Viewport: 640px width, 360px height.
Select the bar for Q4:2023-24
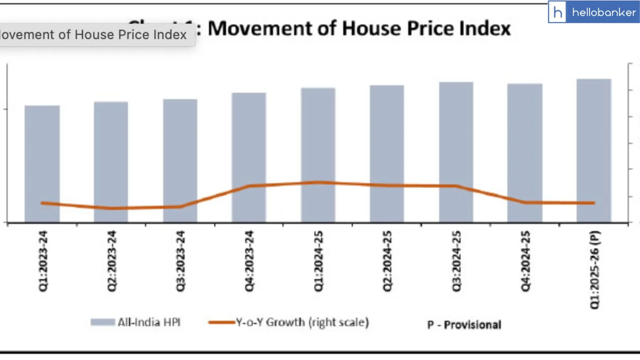[x=249, y=140]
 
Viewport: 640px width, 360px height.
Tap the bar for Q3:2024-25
[x=456, y=133]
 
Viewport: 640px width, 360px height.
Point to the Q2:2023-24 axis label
[x=112, y=261]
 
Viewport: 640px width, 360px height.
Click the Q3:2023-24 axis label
[x=180, y=261]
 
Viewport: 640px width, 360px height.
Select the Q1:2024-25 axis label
[x=318, y=261]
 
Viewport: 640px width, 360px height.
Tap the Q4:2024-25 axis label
[x=525, y=261]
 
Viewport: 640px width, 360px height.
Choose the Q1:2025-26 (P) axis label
[x=594, y=269]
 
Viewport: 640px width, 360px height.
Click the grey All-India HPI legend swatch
[x=103, y=322]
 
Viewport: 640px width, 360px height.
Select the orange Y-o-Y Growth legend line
[x=222, y=322]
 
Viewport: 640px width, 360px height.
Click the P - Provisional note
[x=464, y=325]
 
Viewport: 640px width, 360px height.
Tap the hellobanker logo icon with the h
[x=557, y=12]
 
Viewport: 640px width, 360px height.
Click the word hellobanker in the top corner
[x=604, y=12]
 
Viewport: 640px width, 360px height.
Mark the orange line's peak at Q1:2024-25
[x=318, y=182]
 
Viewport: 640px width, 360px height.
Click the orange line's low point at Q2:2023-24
[x=112, y=208]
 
